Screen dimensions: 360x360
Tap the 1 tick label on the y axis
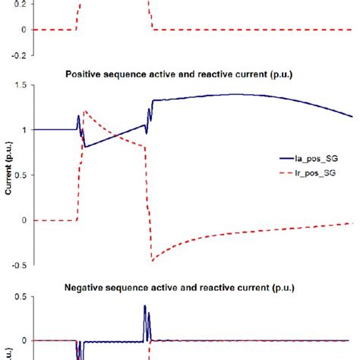pos(32,131)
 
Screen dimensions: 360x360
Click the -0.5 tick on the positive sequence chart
pos(26,265)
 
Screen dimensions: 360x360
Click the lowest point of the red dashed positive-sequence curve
pos(152,261)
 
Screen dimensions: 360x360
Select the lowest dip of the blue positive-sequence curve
pos(86,147)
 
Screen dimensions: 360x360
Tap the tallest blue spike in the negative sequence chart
pos(145,306)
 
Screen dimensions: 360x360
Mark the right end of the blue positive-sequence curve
pos(352,116)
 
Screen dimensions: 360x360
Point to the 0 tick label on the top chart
pos(32,30)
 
